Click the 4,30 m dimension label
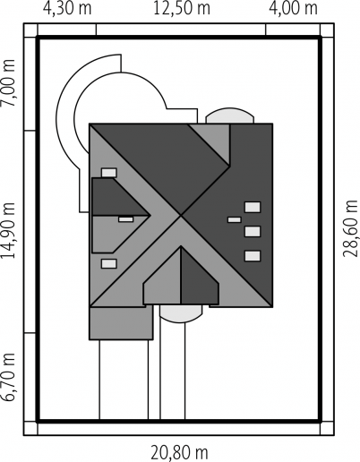coord(67,8)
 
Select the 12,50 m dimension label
coord(182,8)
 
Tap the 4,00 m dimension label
coord(293,8)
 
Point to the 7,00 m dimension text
coord(8,83)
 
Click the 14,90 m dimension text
coord(8,230)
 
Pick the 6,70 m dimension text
coord(8,377)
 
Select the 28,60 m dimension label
coord(350,228)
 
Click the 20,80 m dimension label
coord(179,453)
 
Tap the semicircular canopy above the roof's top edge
coord(230,115)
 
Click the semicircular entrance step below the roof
coord(181,313)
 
